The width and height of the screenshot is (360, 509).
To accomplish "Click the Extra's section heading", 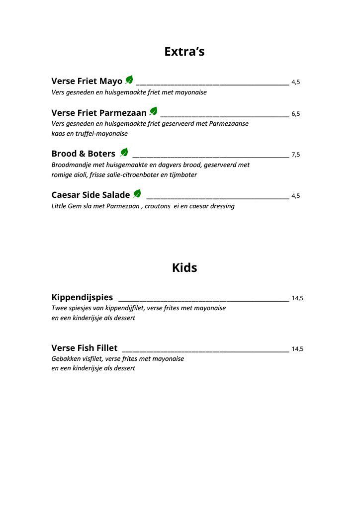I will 184,52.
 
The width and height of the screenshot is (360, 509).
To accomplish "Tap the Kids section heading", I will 184,268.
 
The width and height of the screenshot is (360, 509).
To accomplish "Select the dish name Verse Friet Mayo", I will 87,82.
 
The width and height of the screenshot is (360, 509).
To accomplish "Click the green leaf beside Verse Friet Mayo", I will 129,80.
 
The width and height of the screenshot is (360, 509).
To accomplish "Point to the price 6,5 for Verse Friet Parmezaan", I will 295,114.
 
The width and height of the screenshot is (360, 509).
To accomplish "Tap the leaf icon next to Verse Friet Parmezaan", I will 153,111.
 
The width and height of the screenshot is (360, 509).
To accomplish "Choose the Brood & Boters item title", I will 83,154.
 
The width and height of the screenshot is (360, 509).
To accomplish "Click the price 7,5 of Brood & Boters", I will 295,155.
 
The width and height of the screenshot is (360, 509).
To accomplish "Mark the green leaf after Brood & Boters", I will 124,152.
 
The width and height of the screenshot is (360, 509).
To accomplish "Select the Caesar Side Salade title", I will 90,195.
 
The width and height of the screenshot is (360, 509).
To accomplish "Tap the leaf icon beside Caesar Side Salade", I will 137,193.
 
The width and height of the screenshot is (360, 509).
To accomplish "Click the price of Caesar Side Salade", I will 295,196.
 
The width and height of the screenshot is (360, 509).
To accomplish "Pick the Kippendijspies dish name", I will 82,298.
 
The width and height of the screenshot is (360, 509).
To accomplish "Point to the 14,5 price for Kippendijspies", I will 297,299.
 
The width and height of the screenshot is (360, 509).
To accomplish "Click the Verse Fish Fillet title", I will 85,348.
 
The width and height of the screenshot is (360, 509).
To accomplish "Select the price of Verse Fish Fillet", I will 297,349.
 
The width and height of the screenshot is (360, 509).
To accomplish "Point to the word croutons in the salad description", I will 157,206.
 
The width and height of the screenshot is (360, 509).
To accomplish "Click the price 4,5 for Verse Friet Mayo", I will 295,83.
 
